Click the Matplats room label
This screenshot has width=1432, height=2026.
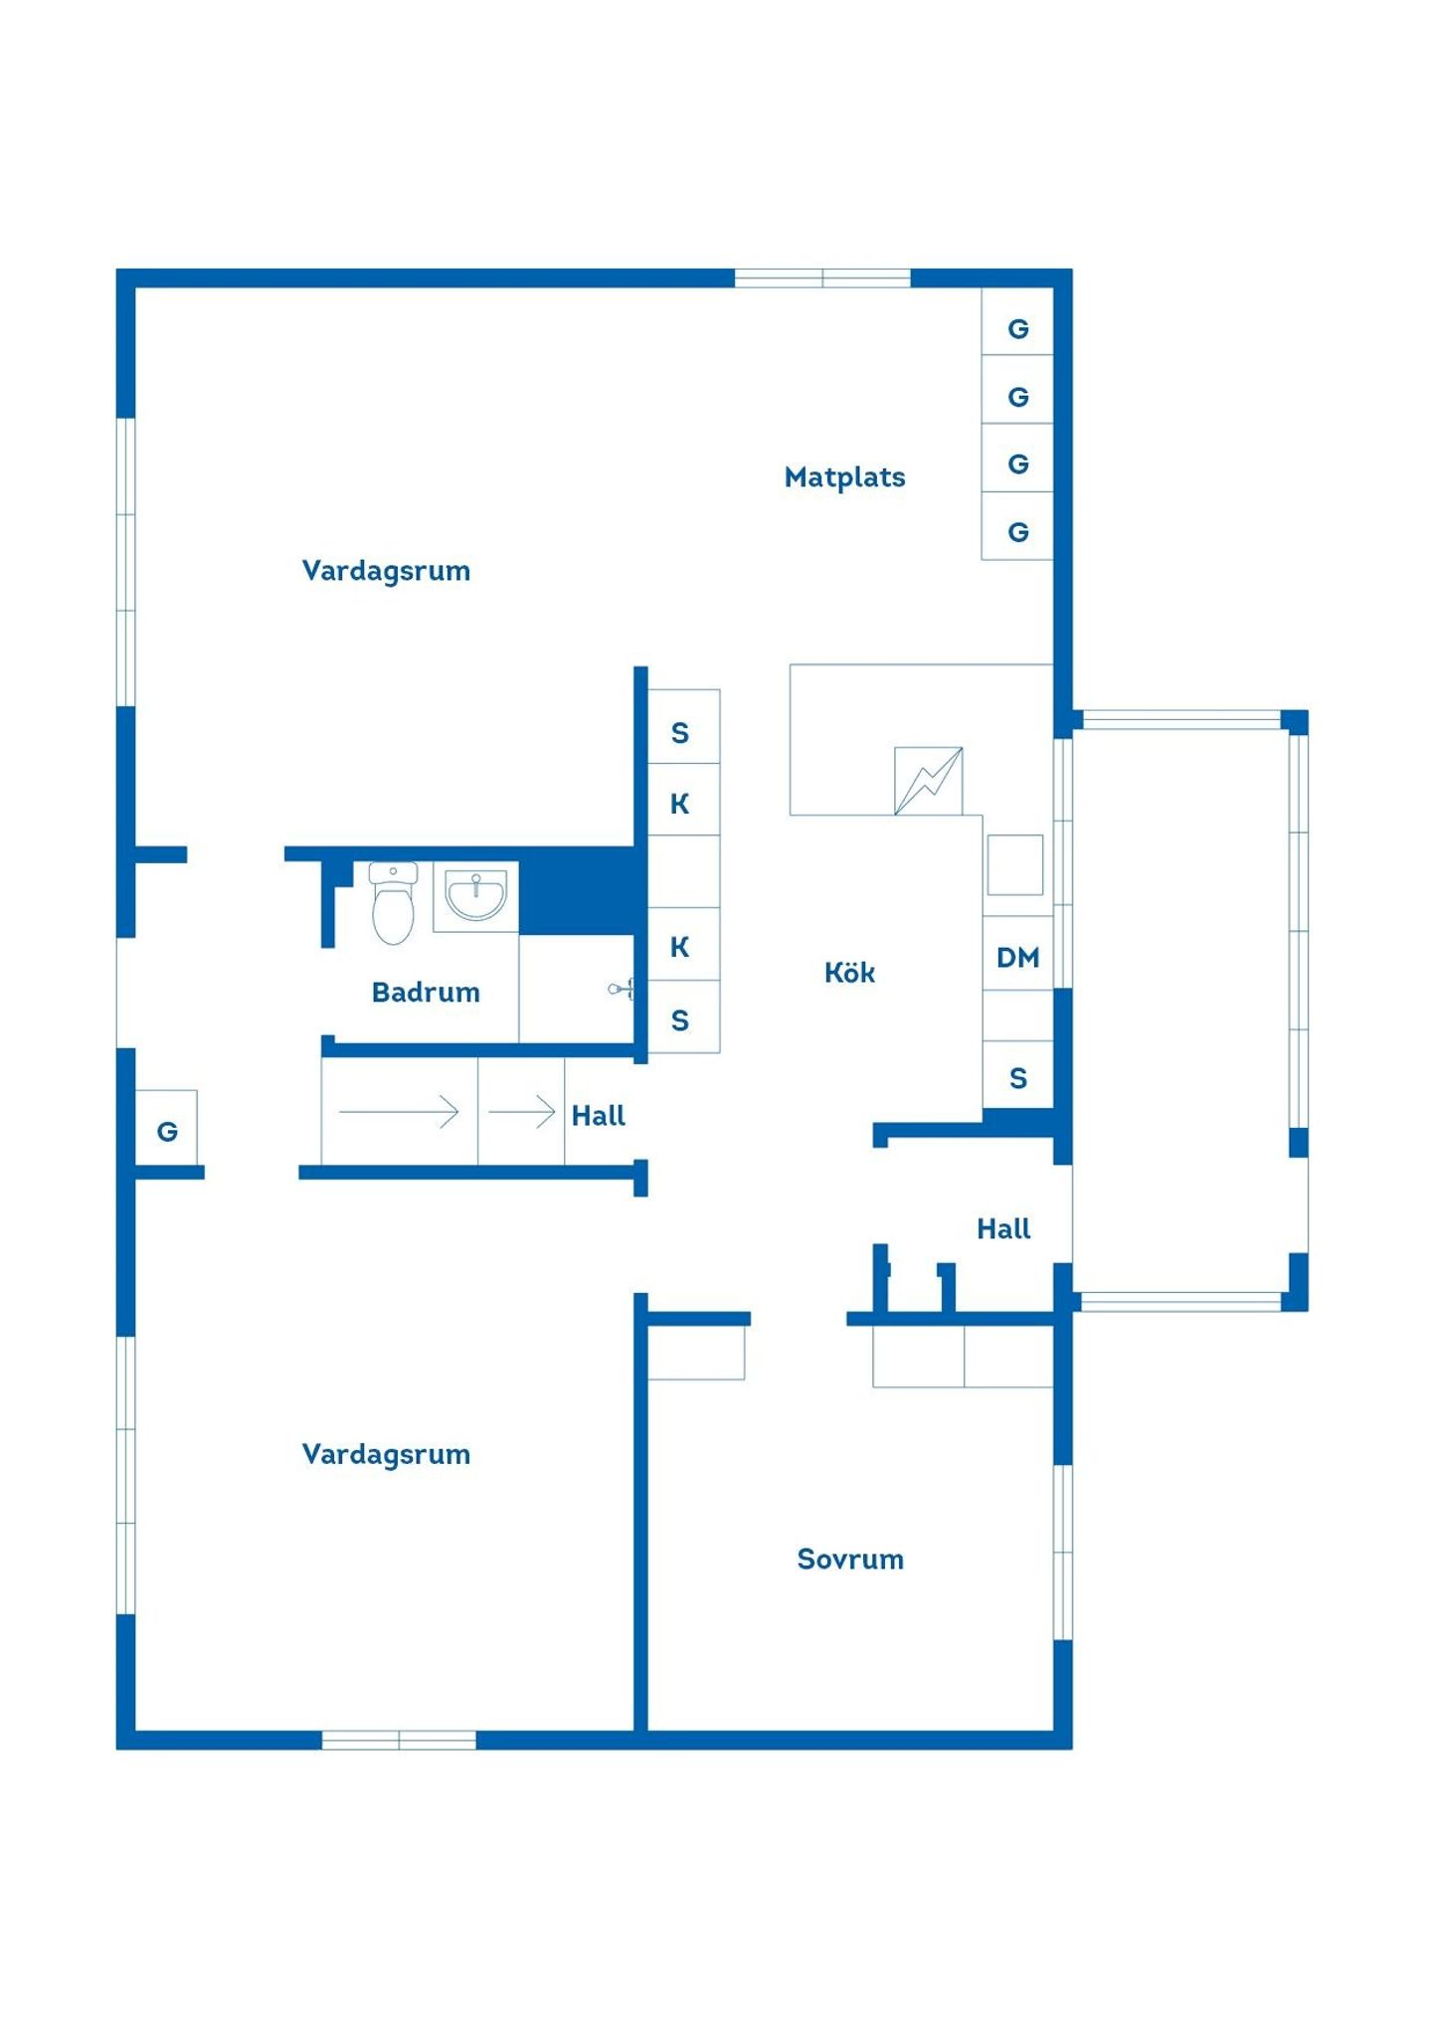[844, 477]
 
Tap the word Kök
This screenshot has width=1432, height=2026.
[849, 972]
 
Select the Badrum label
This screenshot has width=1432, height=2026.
[426, 992]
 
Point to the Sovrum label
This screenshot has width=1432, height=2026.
[850, 1559]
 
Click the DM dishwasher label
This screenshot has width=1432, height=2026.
[1017, 957]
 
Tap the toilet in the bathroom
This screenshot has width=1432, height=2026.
[393, 902]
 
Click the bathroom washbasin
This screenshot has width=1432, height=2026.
[475, 895]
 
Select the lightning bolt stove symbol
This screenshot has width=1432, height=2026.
[928, 781]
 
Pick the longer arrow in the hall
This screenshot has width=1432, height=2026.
[399, 1111]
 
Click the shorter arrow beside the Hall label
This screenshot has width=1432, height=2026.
[521, 1111]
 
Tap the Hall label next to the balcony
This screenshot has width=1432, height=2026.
[1003, 1228]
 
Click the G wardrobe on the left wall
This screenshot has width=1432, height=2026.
[167, 1131]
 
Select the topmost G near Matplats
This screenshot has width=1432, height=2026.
[1017, 329]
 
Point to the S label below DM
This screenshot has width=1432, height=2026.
[1017, 1078]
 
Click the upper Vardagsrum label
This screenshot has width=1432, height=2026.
[386, 571]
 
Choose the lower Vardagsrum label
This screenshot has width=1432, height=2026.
[386, 1454]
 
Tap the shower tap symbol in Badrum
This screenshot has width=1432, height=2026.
[622, 989]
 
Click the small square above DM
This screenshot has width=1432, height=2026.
[1014, 864]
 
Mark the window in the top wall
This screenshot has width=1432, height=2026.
[822, 277]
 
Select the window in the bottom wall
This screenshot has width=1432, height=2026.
[399, 1740]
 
